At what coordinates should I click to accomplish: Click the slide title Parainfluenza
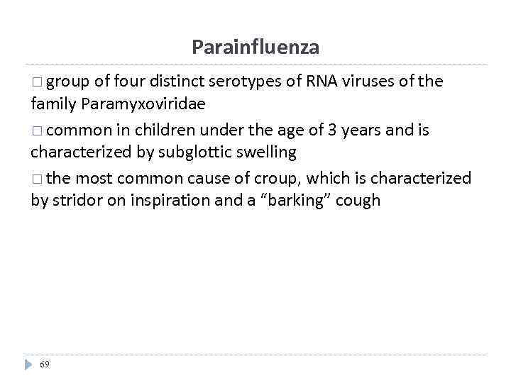click(x=255, y=48)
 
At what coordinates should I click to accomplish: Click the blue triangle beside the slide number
click(x=29, y=364)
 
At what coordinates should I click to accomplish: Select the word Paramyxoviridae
click(x=143, y=104)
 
